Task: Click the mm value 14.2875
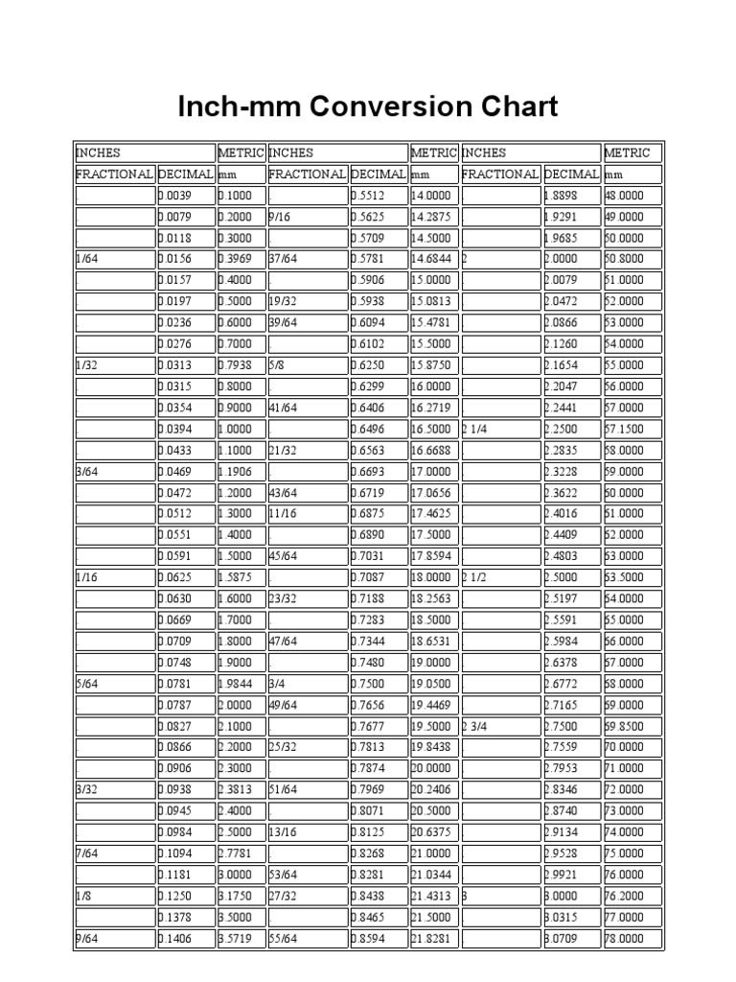(x=431, y=217)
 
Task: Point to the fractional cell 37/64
(x=284, y=259)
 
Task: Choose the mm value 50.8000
(x=625, y=259)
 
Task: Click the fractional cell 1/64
(x=85, y=259)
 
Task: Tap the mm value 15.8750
(x=431, y=365)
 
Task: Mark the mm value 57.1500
(x=625, y=429)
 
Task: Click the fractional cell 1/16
(x=85, y=577)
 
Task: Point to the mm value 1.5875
(x=237, y=577)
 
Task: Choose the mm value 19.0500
(x=431, y=684)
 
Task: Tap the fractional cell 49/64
(x=284, y=705)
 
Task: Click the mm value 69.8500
(x=625, y=726)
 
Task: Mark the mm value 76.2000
(x=625, y=896)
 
